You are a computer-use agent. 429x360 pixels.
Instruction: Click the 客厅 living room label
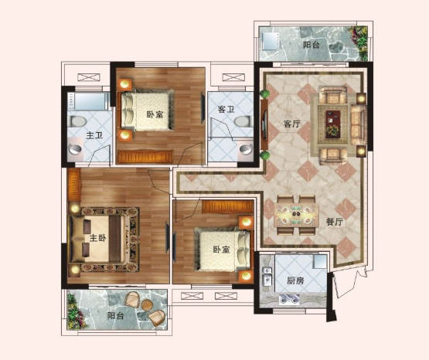(292, 124)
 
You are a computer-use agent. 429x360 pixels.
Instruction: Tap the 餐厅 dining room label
(335, 222)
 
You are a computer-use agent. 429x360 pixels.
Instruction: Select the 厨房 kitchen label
(295, 280)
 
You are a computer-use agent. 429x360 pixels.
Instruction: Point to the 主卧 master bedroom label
(97, 238)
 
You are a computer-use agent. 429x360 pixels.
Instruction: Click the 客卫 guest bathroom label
(226, 110)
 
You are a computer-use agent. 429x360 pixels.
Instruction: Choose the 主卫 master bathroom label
(94, 135)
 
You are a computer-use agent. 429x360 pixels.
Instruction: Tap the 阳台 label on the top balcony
(312, 45)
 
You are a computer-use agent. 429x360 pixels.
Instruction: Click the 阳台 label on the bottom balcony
(115, 316)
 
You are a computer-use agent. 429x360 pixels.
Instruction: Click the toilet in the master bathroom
(78, 121)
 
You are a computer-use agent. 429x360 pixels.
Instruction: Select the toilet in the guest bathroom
(243, 121)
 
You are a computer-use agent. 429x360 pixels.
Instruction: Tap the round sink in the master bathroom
(75, 149)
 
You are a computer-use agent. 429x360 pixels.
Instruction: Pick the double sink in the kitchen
(267, 275)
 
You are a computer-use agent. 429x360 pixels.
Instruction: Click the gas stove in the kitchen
(289, 299)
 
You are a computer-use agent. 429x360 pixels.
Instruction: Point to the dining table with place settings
(297, 216)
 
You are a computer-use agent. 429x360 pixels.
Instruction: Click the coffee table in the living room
(332, 124)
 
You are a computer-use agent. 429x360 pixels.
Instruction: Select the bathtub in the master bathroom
(88, 101)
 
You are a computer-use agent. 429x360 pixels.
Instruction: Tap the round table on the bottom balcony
(147, 304)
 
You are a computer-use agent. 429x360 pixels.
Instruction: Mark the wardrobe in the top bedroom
(145, 157)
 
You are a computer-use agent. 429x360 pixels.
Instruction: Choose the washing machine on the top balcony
(270, 41)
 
